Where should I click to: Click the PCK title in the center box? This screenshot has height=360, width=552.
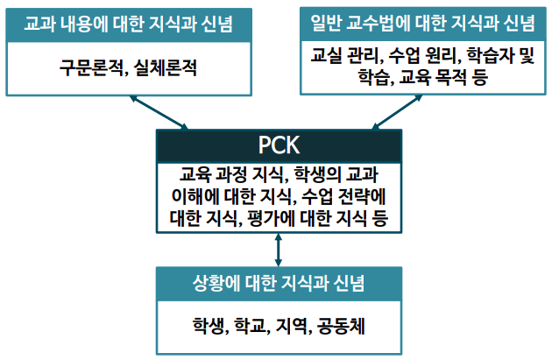pos(280,145)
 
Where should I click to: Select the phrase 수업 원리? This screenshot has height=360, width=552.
pos(414,58)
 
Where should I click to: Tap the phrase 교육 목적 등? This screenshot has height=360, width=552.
pos(449,79)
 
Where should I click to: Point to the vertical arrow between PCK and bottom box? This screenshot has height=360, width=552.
pos(279,249)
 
